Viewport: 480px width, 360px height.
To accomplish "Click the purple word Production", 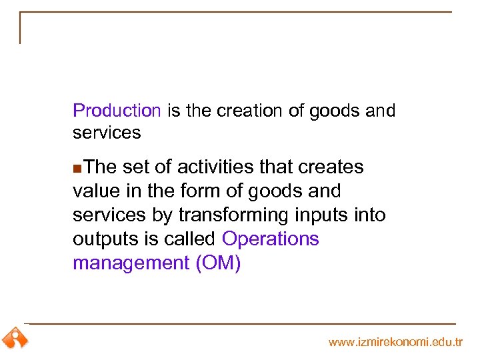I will [x=117, y=111].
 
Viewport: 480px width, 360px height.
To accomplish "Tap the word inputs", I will [x=329, y=215].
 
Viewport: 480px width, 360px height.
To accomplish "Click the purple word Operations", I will [x=270, y=239].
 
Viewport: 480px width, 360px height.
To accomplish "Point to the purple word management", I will [x=131, y=263].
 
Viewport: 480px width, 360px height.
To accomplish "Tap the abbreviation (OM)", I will [x=218, y=263].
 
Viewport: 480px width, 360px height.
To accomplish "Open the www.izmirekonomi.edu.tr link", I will [x=395, y=342].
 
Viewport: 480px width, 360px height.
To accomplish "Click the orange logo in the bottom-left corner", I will [x=15, y=338].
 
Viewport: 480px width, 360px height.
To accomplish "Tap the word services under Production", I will [x=107, y=133].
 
